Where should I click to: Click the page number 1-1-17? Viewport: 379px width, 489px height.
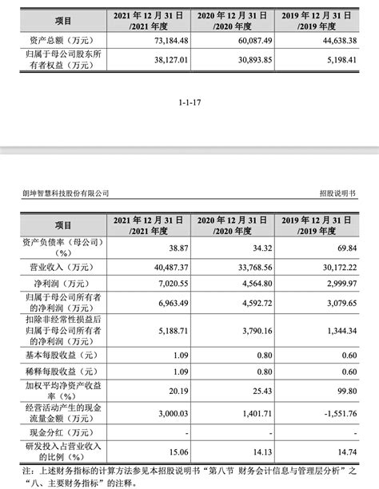pos(189,102)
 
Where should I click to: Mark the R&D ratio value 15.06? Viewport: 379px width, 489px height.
pos(173,453)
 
